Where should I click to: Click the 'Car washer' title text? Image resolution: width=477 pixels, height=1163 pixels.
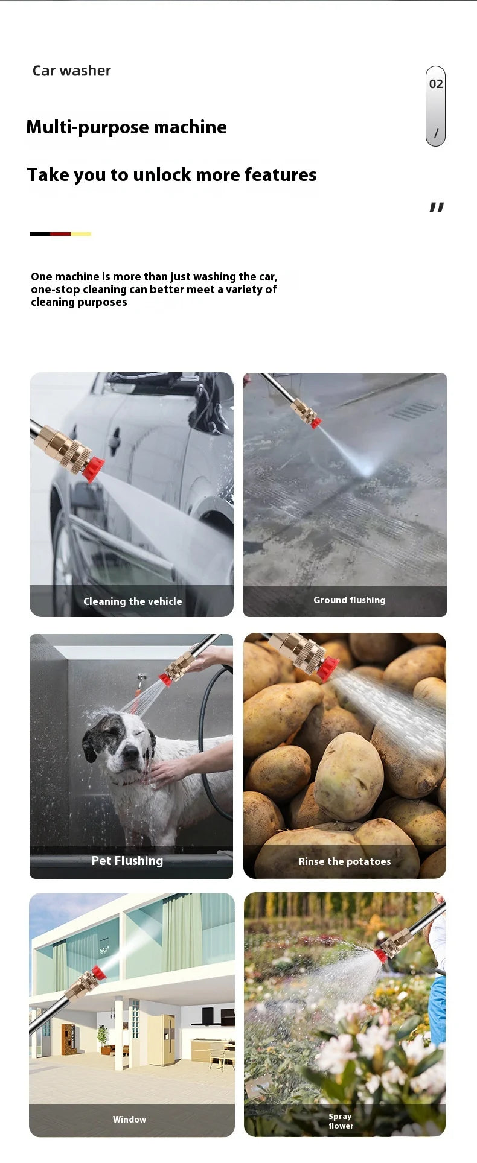71,71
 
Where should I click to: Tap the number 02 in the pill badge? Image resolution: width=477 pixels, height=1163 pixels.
436,84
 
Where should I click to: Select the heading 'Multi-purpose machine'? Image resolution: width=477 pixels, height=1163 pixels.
126,127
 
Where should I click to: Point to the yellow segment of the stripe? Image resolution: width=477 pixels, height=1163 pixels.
81,234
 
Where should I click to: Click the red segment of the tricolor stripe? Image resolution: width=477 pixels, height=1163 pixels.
60,234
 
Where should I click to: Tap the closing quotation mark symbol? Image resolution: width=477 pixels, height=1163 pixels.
437,208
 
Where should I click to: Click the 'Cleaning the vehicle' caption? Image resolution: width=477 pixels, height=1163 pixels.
132,601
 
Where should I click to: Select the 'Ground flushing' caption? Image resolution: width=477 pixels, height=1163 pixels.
349,600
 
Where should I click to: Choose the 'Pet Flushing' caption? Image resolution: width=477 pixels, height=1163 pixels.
127,861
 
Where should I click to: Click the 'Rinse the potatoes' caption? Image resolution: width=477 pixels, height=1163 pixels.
345,861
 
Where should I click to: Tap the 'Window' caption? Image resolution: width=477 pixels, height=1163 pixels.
129,1120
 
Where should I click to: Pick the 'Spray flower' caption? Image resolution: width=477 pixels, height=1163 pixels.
341,1121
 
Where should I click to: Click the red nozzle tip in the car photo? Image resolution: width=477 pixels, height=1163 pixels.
93,469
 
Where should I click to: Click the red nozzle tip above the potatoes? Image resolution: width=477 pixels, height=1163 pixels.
328,668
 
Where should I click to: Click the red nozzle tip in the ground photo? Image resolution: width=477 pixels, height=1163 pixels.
316,423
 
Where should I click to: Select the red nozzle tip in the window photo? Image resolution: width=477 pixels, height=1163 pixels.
98,972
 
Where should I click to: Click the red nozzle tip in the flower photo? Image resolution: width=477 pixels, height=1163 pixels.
380,955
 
